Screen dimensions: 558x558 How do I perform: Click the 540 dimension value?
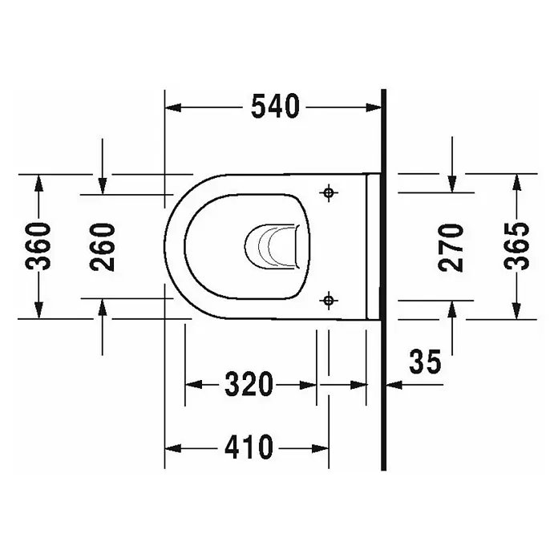tap(276, 107)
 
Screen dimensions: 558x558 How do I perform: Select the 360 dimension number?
tap(38, 246)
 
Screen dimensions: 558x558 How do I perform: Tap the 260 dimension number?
tap(103, 247)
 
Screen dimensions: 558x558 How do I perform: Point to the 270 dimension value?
tap(451, 248)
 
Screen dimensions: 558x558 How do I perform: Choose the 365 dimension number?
tap(517, 246)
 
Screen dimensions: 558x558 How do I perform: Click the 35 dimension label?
tap(425, 362)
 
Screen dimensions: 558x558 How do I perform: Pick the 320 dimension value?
tap(249, 384)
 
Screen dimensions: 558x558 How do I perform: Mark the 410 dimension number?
tap(249, 447)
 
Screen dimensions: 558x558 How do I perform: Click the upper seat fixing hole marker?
tap(329, 193)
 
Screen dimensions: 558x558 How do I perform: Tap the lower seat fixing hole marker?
tap(329, 301)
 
